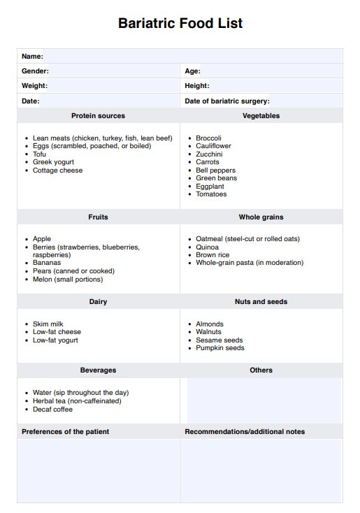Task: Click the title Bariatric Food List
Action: pyautogui.click(x=180, y=23)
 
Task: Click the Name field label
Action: pyautogui.click(x=32, y=56)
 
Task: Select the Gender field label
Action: pyautogui.click(x=35, y=71)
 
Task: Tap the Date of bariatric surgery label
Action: pyautogui.click(x=226, y=101)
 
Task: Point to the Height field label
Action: pyautogui.click(x=196, y=86)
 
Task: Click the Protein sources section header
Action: pyautogui.click(x=98, y=116)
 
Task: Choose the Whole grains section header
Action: pyautogui.click(x=261, y=217)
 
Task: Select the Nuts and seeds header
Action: pyautogui.click(x=261, y=302)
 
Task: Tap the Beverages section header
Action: pyautogui.click(x=98, y=370)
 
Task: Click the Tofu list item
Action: pyautogui.click(x=39, y=154)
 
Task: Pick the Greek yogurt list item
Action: pyautogui.click(x=53, y=162)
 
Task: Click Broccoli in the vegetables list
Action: pyautogui.click(x=208, y=138)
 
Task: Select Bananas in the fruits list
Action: pyautogui.click(x=47, y=263)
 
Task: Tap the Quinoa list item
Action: pyautogui.click(x=207, y=247)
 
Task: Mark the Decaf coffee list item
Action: pyautogui.click(x=52, y=410)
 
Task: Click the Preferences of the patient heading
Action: pyautogui.click(x=65, y=432)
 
